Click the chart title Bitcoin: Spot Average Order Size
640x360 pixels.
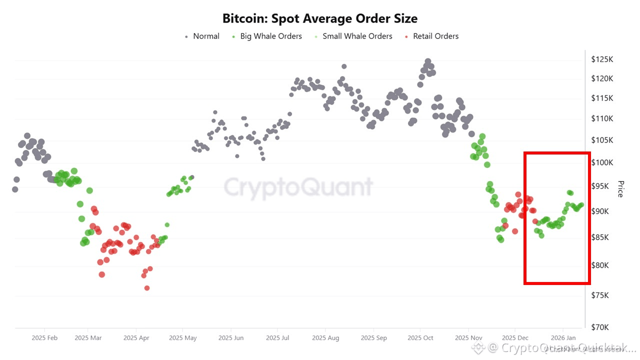pos(320,18)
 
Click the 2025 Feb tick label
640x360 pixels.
pos(45,338)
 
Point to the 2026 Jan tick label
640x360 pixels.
pos(563,338)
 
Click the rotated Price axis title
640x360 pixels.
pos(620,189)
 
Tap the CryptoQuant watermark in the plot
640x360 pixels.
pos(298,187)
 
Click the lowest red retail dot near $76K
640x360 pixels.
pos(147,288)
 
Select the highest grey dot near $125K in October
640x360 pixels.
pos(428,61)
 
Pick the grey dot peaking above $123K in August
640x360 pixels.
pos(344,66)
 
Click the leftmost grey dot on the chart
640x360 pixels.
pos(15,189)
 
